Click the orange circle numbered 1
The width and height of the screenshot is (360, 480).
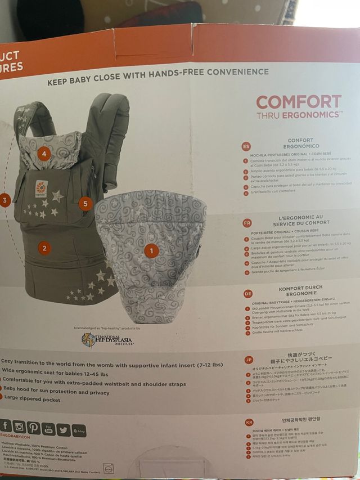[150, 249]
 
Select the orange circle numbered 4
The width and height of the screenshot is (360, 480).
[44, 152]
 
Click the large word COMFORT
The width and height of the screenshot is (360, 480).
[299, 102]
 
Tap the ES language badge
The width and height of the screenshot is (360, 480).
[246, 146]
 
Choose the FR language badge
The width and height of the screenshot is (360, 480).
[246, 222]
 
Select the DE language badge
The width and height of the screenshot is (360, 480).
[247, 293]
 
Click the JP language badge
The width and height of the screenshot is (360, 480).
[249, 359]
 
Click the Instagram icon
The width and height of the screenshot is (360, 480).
[19, 427]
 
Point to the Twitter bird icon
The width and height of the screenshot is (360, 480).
[64, 430]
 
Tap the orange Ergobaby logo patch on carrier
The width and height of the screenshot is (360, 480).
[41, 188]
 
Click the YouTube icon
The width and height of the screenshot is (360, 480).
[48, 429]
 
